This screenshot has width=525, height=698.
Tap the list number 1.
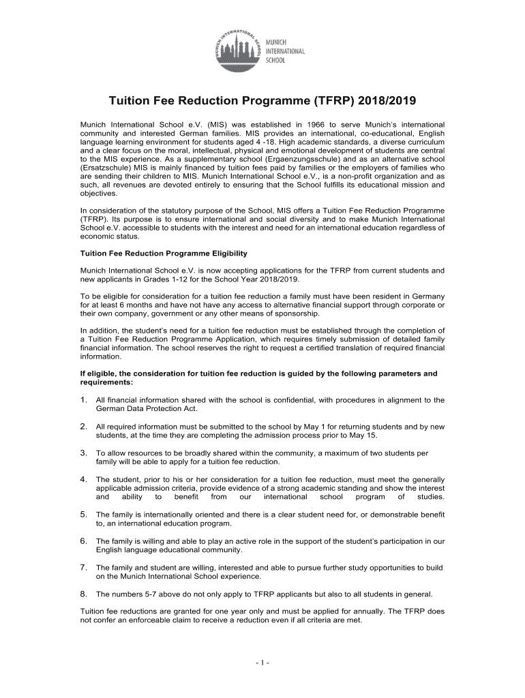(x=83, y=399)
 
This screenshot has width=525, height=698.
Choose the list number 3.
(x=83, y=453)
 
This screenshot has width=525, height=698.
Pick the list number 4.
(x=83, y=479)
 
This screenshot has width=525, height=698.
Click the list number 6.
(x=83, y=541)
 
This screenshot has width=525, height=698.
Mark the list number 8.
(x=83, y=593)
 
